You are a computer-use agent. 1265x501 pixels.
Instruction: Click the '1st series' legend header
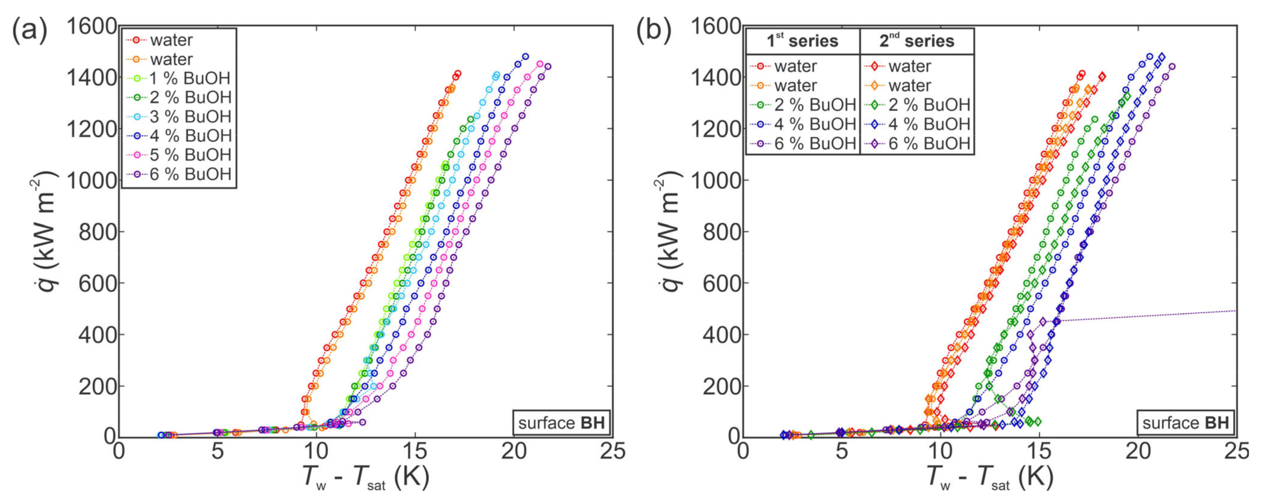tap(802, 41)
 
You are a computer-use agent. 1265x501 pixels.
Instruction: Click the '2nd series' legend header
tap(916, 41)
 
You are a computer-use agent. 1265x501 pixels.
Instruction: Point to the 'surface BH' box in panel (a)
tap(561, 423)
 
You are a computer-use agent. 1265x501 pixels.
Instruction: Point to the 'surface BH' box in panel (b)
tap(1185, 423)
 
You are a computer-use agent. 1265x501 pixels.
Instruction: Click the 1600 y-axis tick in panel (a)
tap(92, 27)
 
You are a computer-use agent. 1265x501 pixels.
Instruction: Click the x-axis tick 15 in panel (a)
tap(415, 451)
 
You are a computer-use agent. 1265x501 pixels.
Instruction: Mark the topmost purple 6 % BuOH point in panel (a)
tap(547, 66)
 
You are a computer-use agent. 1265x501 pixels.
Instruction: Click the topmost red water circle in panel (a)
tap(458, 74)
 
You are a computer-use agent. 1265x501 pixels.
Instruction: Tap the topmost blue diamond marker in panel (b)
tap(1161, 57)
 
